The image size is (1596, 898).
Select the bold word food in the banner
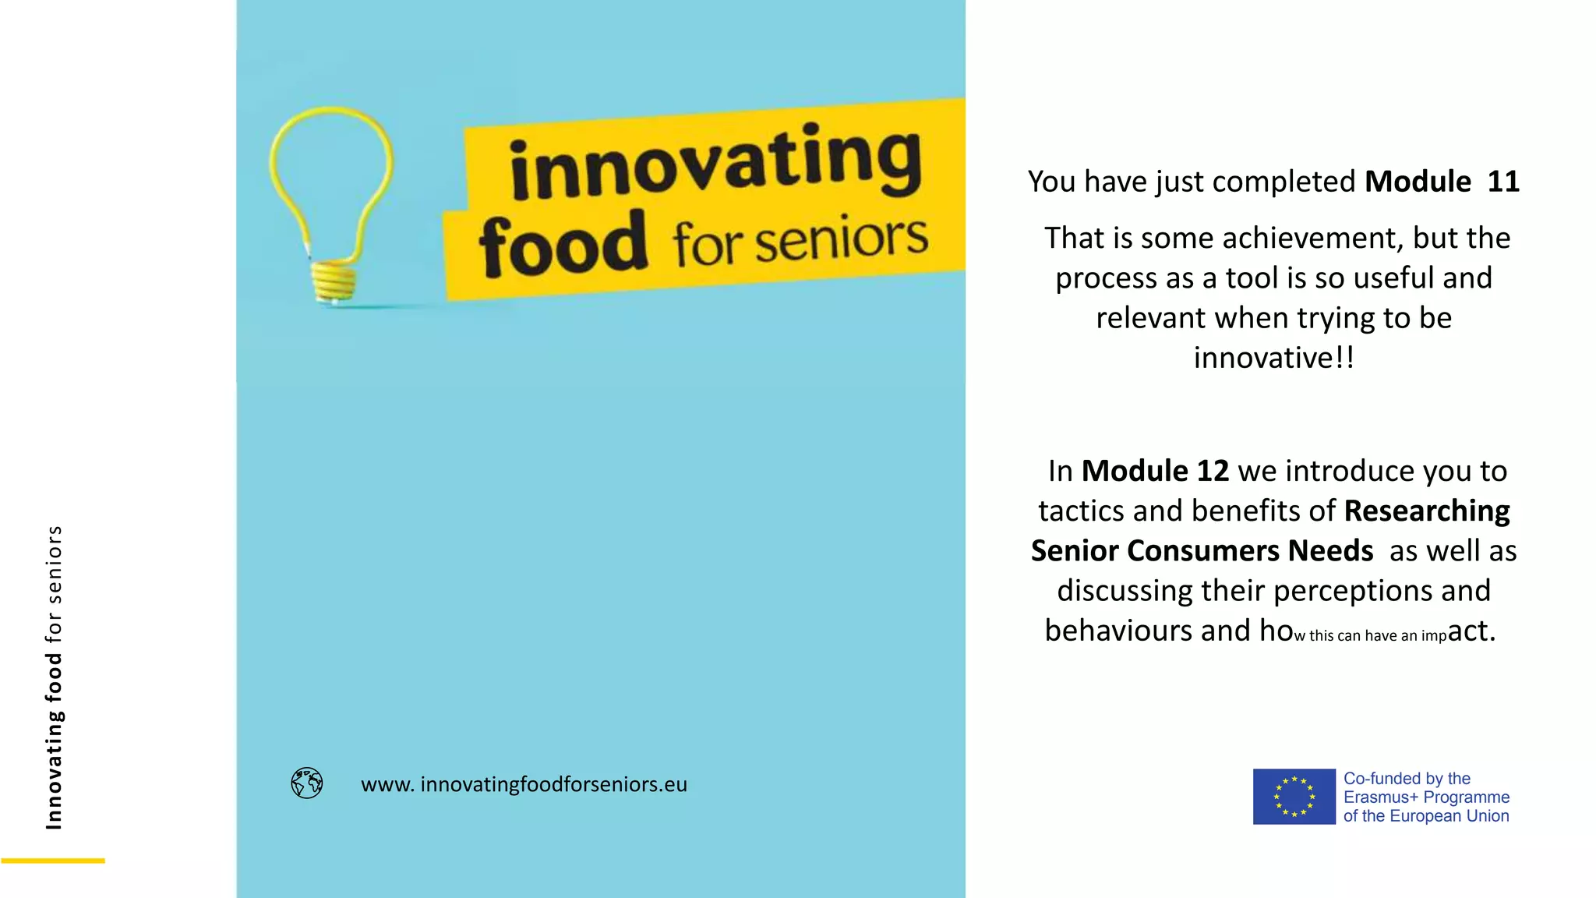point(563,245)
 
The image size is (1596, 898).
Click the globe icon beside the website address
point(307,783)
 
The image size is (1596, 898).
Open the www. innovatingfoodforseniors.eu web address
point(524,784)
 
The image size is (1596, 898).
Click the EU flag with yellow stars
point(1294,797)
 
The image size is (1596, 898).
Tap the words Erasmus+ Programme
point(1426,797)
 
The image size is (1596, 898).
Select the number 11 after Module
point(1503,182)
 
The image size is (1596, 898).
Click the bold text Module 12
point(1155,471)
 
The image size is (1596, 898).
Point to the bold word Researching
point(1427,511)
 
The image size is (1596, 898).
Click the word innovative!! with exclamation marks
point(1273,358)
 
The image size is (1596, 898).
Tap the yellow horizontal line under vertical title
point(53,861)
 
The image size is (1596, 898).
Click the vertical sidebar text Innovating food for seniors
point(54,677)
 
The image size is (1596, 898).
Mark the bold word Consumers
point(1203,551)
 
